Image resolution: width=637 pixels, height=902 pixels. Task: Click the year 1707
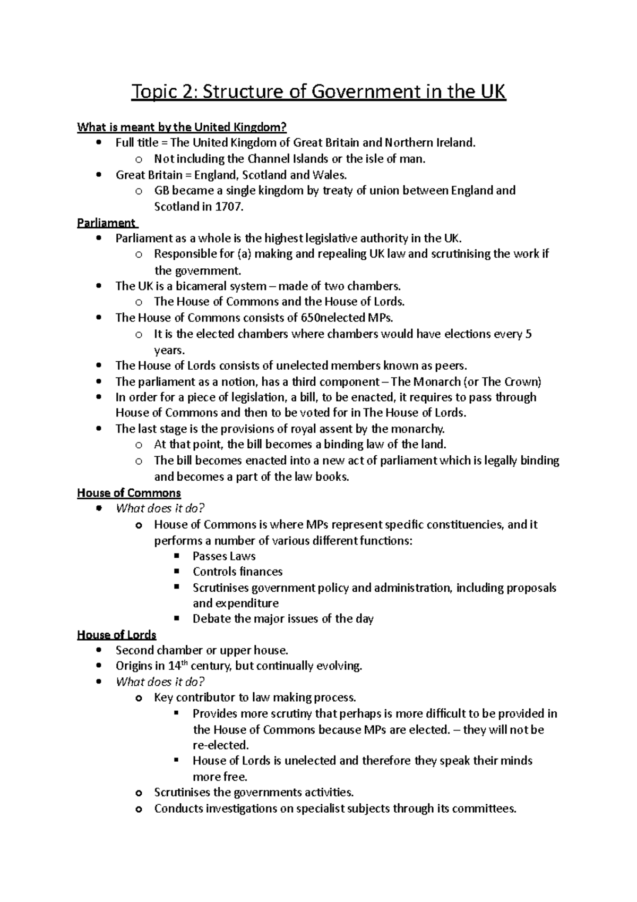228,207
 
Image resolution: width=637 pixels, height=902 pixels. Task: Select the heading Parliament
106,223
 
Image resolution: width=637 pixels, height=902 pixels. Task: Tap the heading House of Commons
129,493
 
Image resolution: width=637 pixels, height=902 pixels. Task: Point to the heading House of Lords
117,635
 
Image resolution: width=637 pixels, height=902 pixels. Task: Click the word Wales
329,175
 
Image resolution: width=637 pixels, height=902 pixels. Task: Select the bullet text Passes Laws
224,556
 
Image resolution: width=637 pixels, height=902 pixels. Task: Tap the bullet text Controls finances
237,572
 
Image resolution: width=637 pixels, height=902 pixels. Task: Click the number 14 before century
175,666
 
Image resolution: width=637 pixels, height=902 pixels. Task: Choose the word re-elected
220,745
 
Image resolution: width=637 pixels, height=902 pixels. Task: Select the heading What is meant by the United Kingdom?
182,127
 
